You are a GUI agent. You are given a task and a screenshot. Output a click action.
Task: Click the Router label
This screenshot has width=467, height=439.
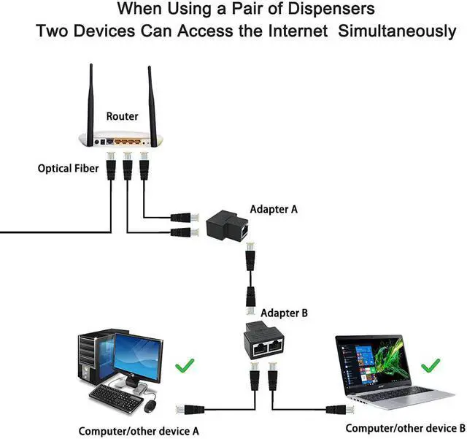122,116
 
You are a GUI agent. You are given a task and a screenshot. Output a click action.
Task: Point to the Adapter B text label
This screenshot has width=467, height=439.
285,313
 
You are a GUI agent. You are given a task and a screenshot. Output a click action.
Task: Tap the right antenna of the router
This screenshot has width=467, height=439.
151,99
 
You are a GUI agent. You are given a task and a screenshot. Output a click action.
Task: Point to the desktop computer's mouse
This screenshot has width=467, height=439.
151,405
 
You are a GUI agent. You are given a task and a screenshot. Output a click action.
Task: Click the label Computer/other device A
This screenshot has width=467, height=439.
139,431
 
